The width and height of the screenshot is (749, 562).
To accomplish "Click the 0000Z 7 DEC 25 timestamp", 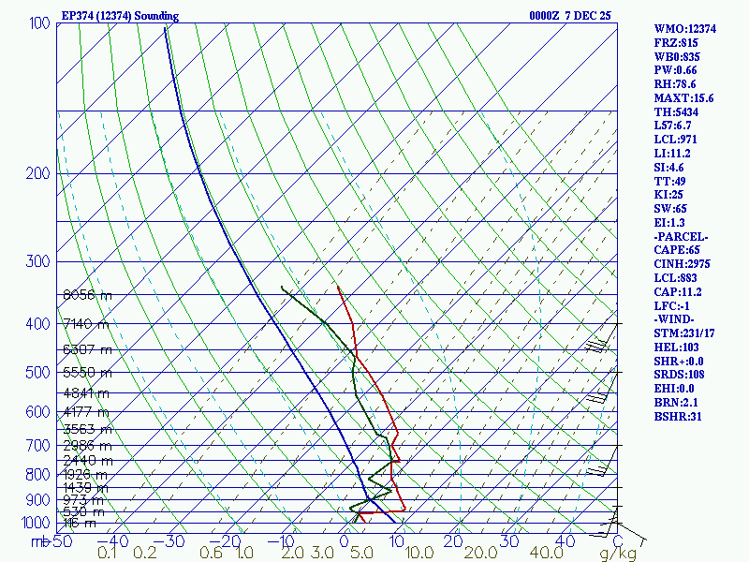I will click(570, 16).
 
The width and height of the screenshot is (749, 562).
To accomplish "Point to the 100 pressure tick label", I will click(39, 22).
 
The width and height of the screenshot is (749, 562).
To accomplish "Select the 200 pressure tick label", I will click(39, 173).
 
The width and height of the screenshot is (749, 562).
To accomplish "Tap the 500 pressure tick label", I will click(39, 373).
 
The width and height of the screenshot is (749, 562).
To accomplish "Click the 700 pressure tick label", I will click(39, 446).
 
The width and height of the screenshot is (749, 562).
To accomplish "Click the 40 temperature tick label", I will click(565, 541).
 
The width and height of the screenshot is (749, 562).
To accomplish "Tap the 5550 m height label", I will click(86, 372).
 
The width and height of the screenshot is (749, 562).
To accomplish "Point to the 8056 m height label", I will click(86, 295).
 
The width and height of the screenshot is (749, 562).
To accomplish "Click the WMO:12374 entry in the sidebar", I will click(684, 29).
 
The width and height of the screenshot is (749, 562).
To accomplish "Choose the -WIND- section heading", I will click(675, 319).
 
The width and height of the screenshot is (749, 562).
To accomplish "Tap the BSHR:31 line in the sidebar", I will click(678, 416).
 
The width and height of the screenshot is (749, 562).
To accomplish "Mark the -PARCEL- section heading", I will click(681, 236).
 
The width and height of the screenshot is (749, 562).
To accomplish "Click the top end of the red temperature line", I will click(337, 285).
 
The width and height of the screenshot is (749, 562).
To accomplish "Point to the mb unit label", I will click(39, 541).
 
